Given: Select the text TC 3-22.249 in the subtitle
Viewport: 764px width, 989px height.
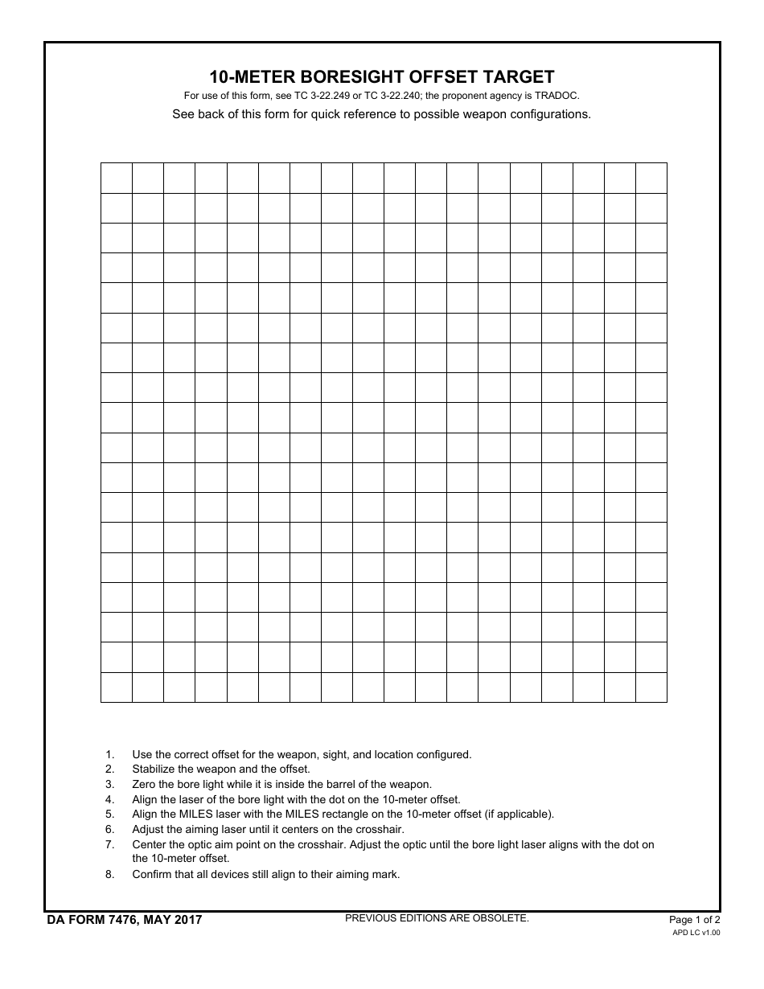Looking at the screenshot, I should [x=322, y=96].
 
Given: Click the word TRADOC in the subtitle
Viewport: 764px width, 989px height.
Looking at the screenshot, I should [x=557, y=96].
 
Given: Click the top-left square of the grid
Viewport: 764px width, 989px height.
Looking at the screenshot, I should [x=117, y=178].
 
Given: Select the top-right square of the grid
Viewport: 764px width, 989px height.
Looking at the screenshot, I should [x=651, y=178].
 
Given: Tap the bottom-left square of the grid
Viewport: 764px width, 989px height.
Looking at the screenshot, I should [x=117, y=687].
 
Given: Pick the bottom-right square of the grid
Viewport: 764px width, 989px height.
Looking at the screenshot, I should [x=651, y=687].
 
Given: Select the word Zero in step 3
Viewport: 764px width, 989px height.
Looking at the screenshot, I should [x=144, y=784].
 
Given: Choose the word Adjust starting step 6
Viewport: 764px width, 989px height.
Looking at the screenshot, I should [x=148, y=829].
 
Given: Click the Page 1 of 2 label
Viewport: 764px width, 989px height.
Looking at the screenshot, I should [x=695, y=920].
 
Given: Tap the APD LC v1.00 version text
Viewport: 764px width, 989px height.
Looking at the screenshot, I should [x=696, y=933].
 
